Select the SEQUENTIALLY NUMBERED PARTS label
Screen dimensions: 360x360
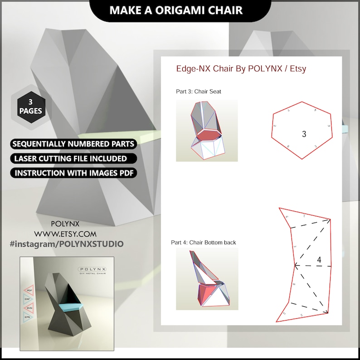73,144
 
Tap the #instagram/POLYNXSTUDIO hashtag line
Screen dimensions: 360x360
66,244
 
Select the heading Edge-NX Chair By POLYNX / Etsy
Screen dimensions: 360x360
241,69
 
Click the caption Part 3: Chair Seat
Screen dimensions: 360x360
199,92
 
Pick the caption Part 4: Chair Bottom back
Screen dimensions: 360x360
204,243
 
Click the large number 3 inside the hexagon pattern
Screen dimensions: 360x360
304,134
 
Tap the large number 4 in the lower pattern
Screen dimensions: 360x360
319,260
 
